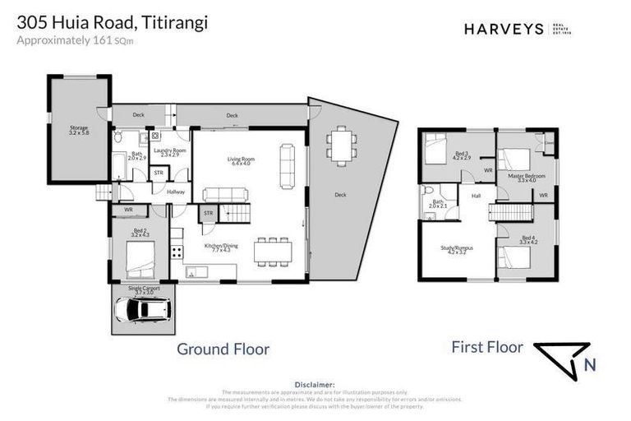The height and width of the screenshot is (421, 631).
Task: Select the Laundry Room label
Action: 173,152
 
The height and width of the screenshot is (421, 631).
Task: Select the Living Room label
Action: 241,161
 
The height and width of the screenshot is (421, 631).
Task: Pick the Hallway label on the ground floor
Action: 176,192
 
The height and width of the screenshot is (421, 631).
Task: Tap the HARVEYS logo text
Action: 504,29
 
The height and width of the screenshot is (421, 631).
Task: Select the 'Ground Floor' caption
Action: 223,349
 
